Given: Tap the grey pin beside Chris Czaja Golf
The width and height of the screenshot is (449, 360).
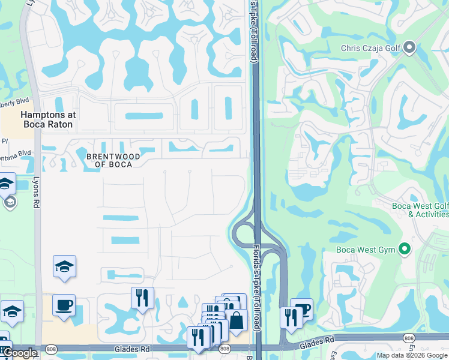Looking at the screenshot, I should tap(410, 47).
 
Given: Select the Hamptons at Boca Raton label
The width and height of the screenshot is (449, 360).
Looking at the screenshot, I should tap(46, 119).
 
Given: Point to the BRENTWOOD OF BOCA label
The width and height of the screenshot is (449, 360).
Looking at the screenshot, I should tap(113, 160).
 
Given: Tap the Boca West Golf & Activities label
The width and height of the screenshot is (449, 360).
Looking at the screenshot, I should tap(420, 210).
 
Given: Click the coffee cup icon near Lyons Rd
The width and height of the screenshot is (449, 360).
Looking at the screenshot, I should tap(64, 305).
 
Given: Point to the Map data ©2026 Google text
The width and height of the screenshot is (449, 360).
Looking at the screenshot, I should tap(412, 355).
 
